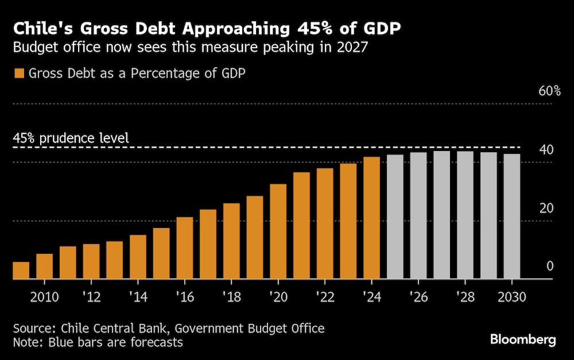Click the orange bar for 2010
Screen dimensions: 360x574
coord(44,266)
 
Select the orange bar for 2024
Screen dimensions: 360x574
coord(371,218)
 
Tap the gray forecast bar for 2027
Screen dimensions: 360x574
coord(441,215)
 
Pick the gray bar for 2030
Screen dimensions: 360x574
coord(511,216)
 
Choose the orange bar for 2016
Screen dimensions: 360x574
coord(185,248)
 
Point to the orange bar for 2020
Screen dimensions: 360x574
coord(278,231)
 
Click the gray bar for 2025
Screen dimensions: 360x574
coord(395,217)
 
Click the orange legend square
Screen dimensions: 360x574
coord(20,73)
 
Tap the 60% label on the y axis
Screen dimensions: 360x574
coord(549,91)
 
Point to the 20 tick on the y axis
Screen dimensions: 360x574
coord(546,208)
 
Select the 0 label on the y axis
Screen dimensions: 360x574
coord(549,266)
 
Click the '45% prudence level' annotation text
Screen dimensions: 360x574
coord(71,138)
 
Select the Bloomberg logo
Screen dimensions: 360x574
coord(523,340)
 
